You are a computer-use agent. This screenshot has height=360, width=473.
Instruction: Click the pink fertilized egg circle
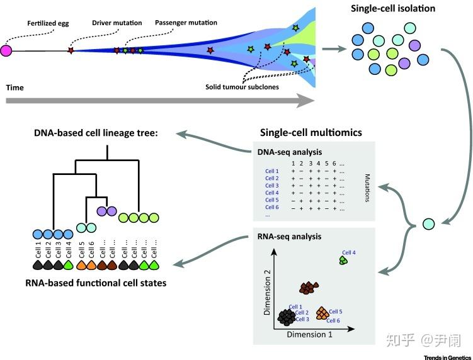pos(7,51)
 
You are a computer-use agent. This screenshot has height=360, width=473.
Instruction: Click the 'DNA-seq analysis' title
pos(288,152)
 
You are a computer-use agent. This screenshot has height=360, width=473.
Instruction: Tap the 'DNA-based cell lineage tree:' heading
pos(107,133)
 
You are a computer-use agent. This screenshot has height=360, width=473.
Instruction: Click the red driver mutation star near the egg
pos(71,50)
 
